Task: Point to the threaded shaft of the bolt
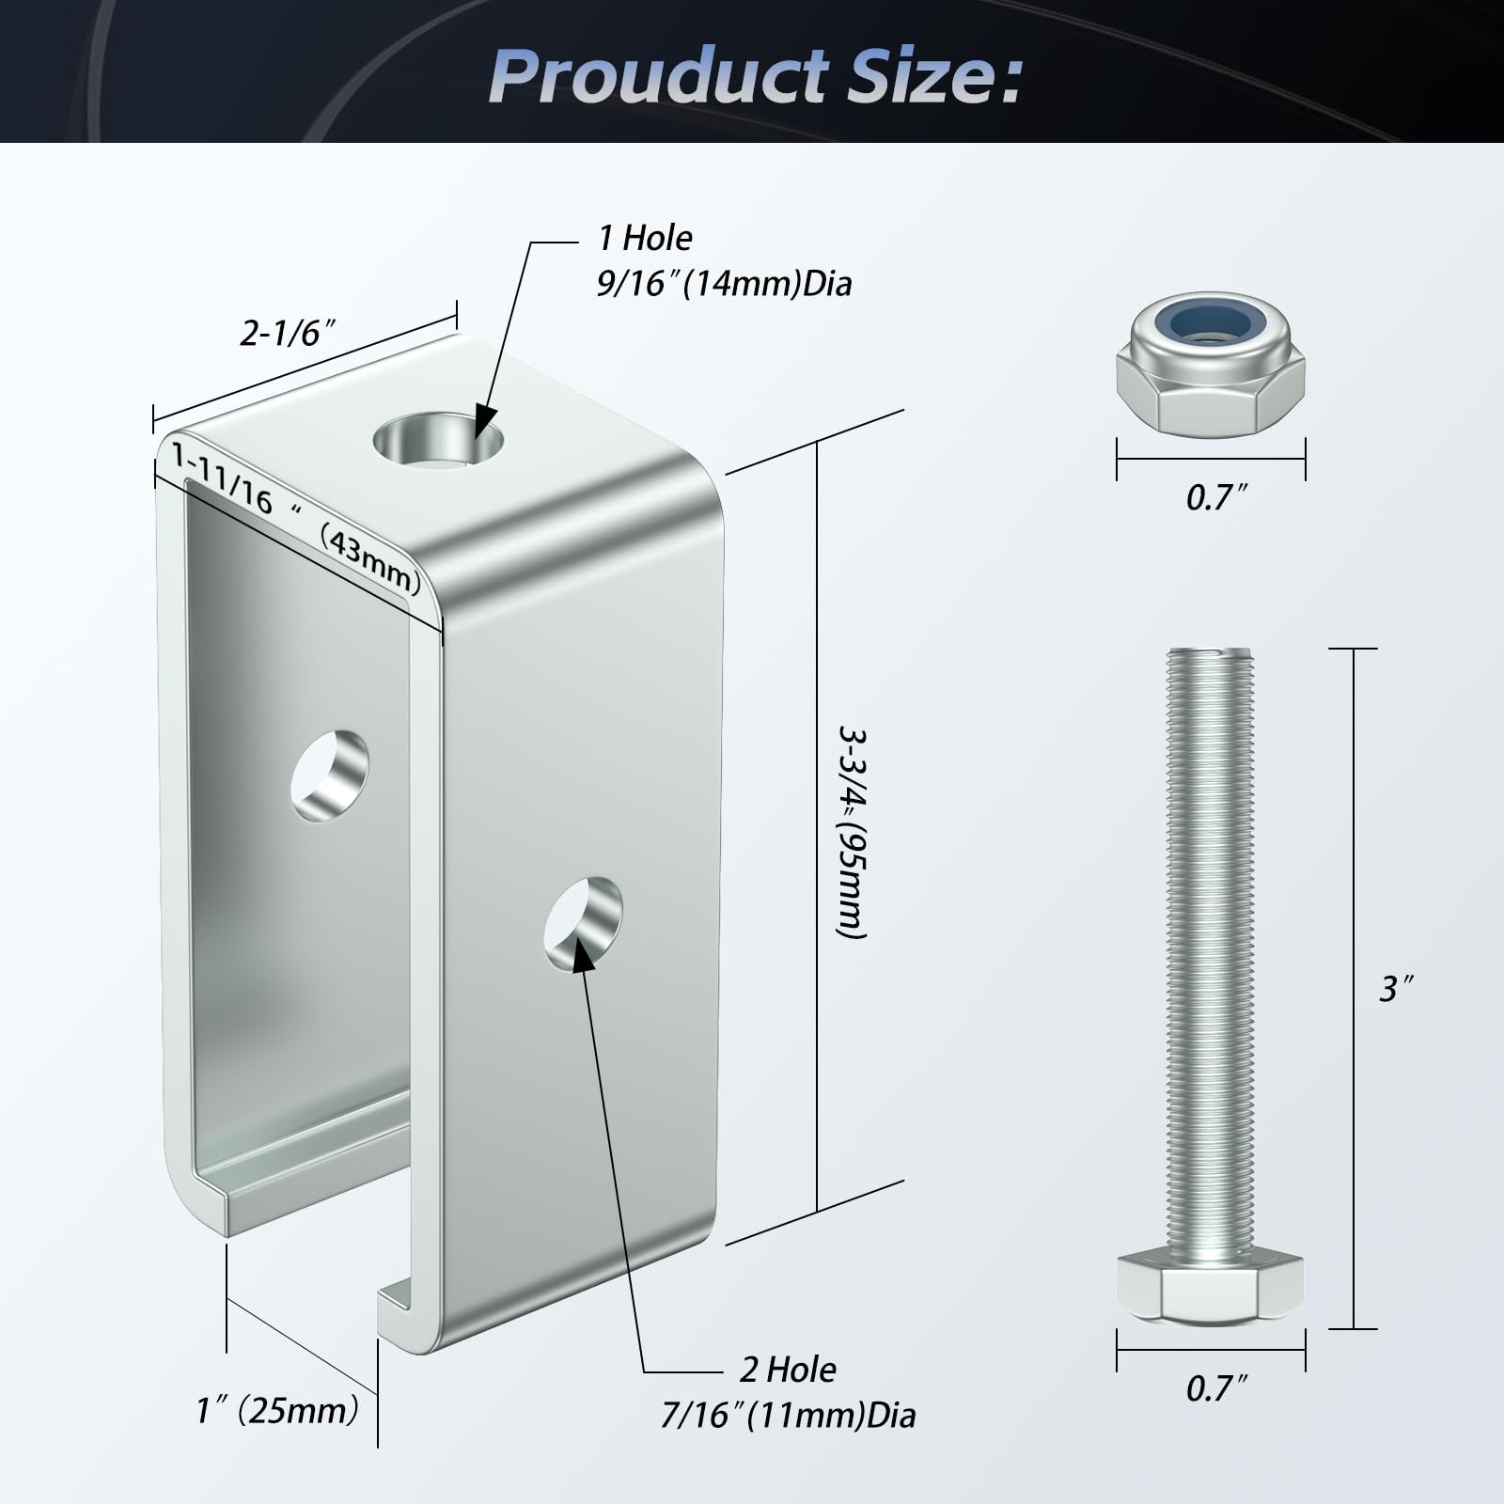(x=1211, y=950)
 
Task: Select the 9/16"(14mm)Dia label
(x=724, y=283)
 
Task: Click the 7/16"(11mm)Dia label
(x=788, y=1415)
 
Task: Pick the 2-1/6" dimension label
(x=288, y=332)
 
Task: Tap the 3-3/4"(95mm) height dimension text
(x=851, y=831)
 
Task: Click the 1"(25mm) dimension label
(x=277, y=1410)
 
